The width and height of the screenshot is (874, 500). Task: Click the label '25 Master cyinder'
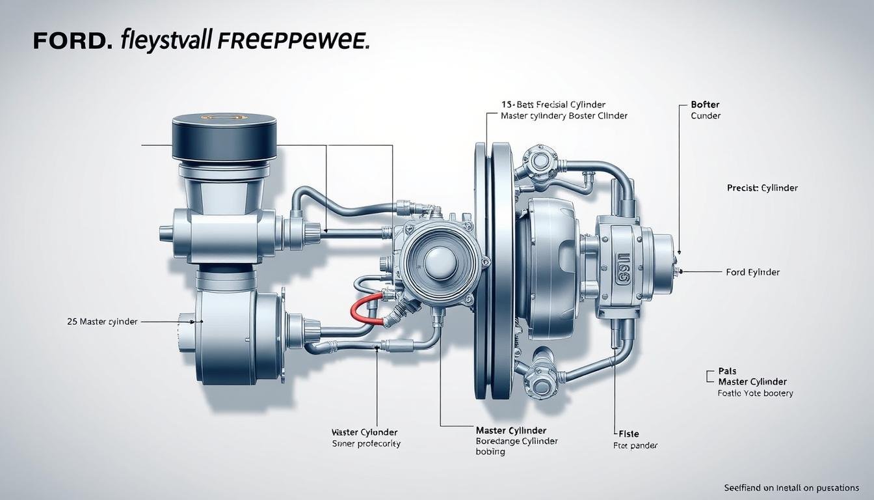click(x=102, y=322)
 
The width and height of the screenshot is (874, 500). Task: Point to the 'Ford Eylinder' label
click(x=752, y=272)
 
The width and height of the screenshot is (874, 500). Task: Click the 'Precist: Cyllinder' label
click(x=762, y=187)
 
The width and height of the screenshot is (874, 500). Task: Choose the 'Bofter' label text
click(x=705, y=104)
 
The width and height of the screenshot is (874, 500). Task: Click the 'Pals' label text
click(x=727, y=371)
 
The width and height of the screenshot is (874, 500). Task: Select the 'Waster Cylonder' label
click(x=364, y=432)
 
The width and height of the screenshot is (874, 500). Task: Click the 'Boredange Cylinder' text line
click(x=516, y=441)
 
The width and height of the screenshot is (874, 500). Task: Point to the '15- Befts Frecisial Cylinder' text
click(x=553, y=104)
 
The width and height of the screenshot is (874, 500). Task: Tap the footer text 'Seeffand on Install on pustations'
click(x=791, y=488)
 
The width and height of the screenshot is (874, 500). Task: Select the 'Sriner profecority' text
click(x=366, y=444)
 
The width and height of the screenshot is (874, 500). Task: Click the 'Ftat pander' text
click(x=635, y=446)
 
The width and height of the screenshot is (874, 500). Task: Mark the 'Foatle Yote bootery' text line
click(x=755, y=393)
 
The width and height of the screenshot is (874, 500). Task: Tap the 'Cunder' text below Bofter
click(x=706, y=116)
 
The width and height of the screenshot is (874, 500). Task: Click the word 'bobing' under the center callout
click(x=490, y=452)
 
